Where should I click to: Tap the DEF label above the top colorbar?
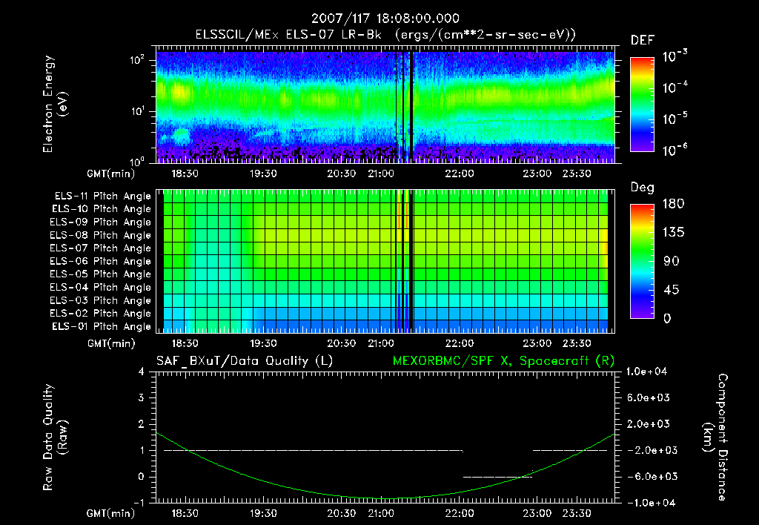tap(642, 40)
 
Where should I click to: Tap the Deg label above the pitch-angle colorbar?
tap(642, 188)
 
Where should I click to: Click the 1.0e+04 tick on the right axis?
tap(649, 372)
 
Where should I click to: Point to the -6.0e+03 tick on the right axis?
tap(649, 476)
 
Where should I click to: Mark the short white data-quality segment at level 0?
tap(497, 477)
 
